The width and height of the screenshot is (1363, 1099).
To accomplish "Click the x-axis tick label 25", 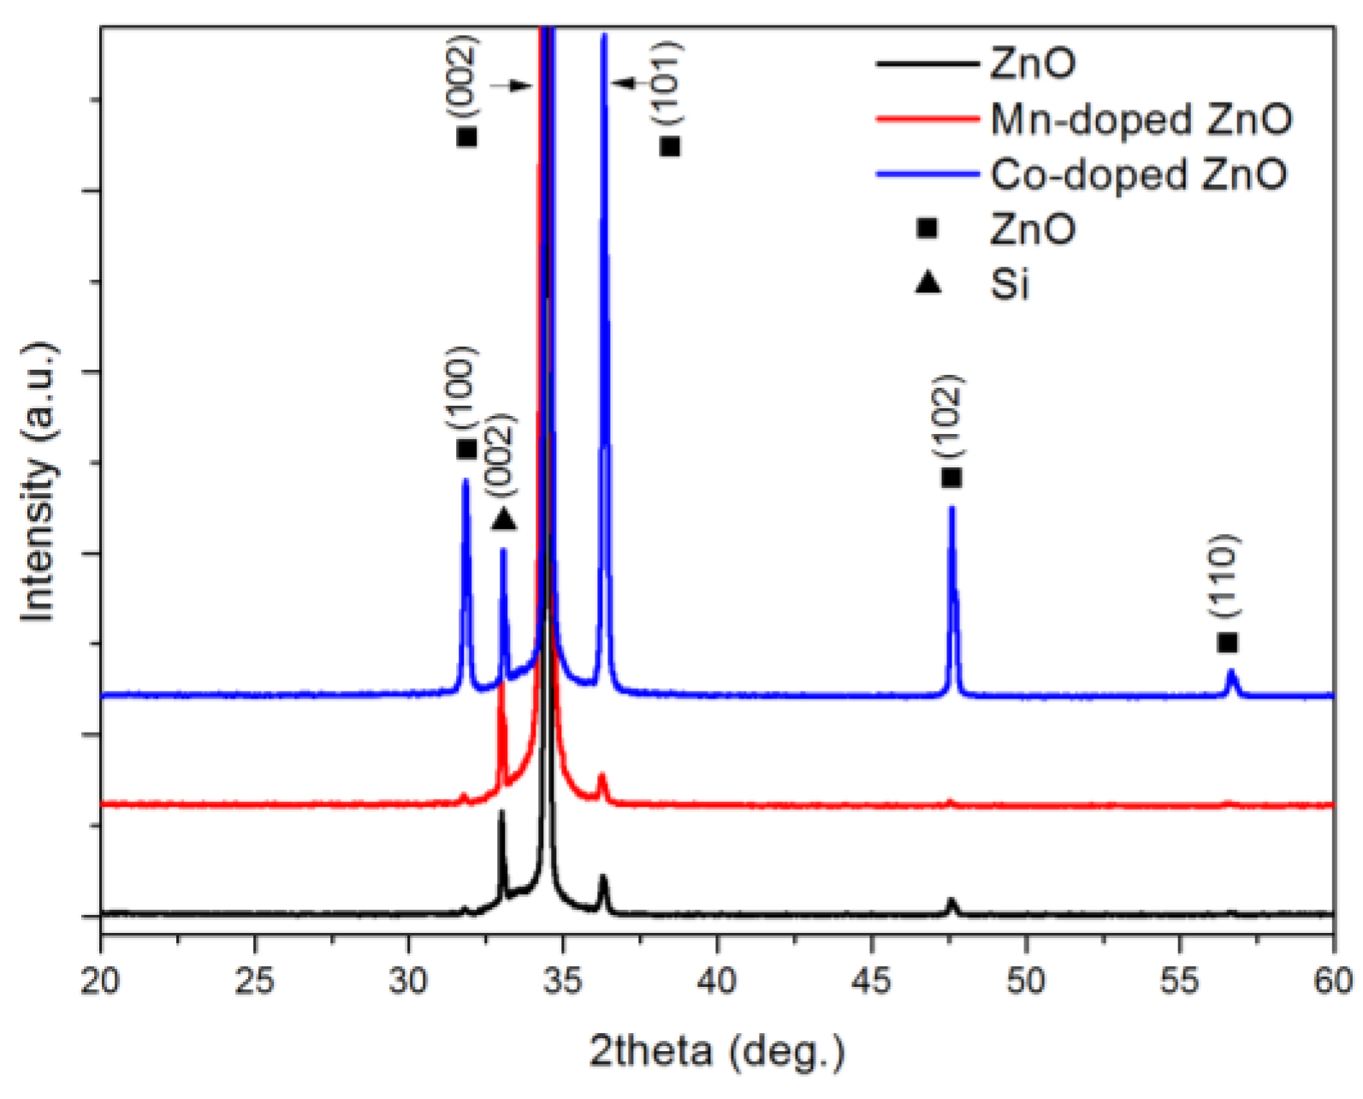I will [254, 981].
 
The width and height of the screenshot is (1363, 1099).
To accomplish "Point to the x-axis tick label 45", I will [871, 981].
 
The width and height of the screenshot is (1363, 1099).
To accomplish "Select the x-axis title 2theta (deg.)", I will [717, 1050].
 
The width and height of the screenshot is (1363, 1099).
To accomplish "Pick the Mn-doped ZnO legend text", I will [1141, 119].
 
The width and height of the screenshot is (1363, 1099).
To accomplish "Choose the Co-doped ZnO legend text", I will [1139, 174].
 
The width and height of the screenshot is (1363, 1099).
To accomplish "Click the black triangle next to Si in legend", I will [927, 282].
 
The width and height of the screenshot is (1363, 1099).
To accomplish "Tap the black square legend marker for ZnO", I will [927, 229].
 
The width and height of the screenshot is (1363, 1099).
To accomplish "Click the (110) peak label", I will [1225, 575].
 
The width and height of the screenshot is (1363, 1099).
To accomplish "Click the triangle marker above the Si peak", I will [503, 519].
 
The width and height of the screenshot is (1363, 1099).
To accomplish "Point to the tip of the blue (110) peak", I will [1232, 671].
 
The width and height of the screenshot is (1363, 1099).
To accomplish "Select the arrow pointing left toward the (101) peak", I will [624, 83].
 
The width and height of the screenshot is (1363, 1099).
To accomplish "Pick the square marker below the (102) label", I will [951, 478].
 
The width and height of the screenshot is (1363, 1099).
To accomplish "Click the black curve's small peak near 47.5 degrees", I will [951, 900].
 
